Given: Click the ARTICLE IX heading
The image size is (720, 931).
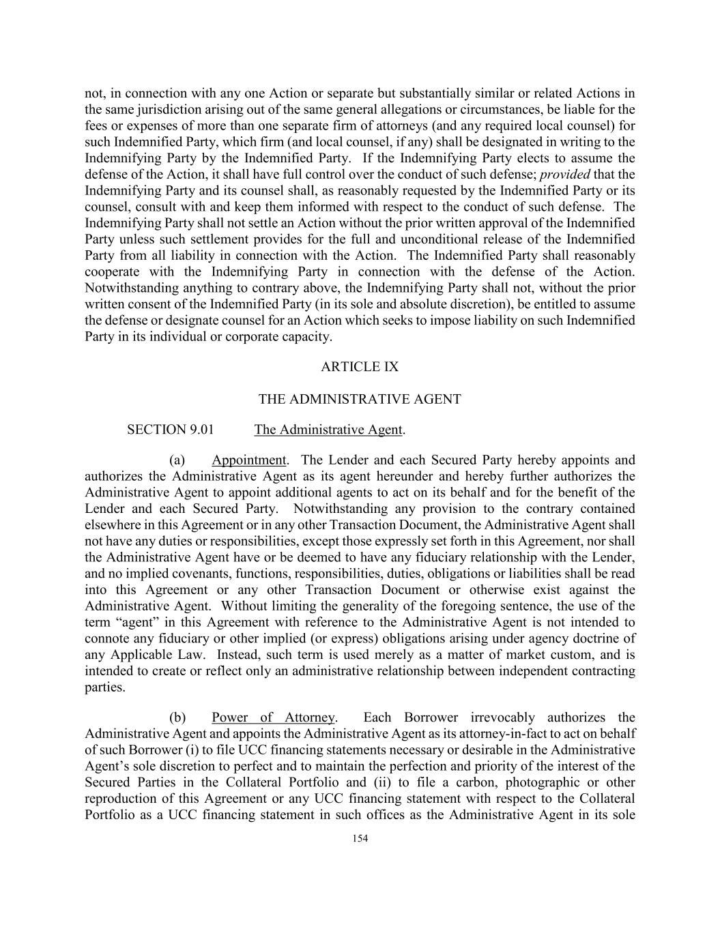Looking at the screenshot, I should (360, 367).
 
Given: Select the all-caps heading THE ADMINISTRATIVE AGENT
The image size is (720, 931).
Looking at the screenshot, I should (360, 399).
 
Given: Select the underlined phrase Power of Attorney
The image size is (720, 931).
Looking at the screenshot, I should (273, 718).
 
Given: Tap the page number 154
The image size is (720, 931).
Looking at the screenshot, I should (360, 839).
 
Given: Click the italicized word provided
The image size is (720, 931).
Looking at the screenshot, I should (565, 175).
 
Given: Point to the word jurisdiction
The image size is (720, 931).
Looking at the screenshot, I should (157, 110).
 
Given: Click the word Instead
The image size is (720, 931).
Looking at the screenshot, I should (238, 655).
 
